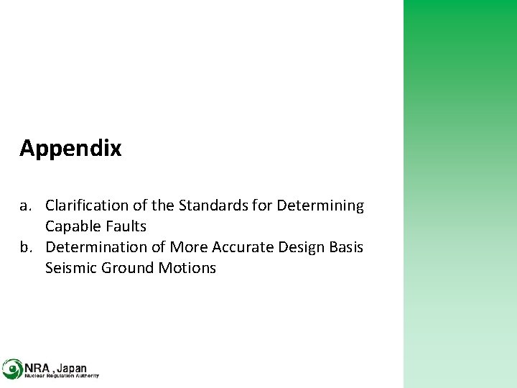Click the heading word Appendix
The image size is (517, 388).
click(70, 149)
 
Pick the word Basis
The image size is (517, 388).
click(346, 247)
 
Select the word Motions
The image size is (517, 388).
click(190, 268)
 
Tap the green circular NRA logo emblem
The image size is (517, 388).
click(12, 369)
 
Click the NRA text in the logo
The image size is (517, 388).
click(37, 366)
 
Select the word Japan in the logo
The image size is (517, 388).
click(71, 366)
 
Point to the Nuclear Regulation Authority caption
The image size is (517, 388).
click(62, 376)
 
